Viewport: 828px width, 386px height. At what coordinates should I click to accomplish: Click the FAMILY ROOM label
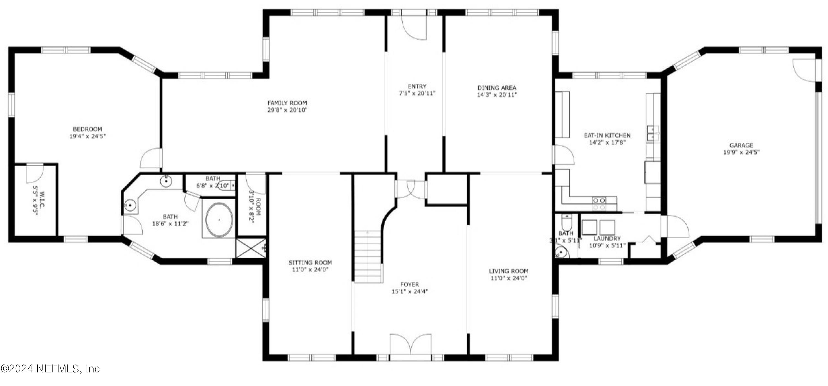pyautogui.click(x=287, y=103)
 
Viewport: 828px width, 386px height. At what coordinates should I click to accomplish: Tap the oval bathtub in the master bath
pyautogui.click(x=219, y=220)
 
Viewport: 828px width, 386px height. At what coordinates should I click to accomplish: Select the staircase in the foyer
pyautogui.click(x=368, y=257)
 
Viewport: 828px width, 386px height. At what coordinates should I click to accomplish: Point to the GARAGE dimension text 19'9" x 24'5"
pyautogui.click(x=741, y=152)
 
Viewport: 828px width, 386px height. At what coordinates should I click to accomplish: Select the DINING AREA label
pyautogui.click(x=497, y=88)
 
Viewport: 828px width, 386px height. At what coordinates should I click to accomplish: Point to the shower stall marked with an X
pyautogui.click(x=251, y=248)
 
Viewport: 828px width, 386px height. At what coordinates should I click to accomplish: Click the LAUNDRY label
pyautogui.click(x=607, y=238)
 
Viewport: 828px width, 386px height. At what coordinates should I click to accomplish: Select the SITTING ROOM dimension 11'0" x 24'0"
pyautogui.click(x=310, y=270)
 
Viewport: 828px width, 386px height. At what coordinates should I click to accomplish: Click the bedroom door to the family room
pyautogui.click(x=151, y=158)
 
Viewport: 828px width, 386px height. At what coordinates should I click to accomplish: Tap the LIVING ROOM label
pyautogui.click(x=508, y=271)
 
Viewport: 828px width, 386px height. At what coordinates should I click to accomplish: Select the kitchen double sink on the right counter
pyautogui.click(x=652, y=133)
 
